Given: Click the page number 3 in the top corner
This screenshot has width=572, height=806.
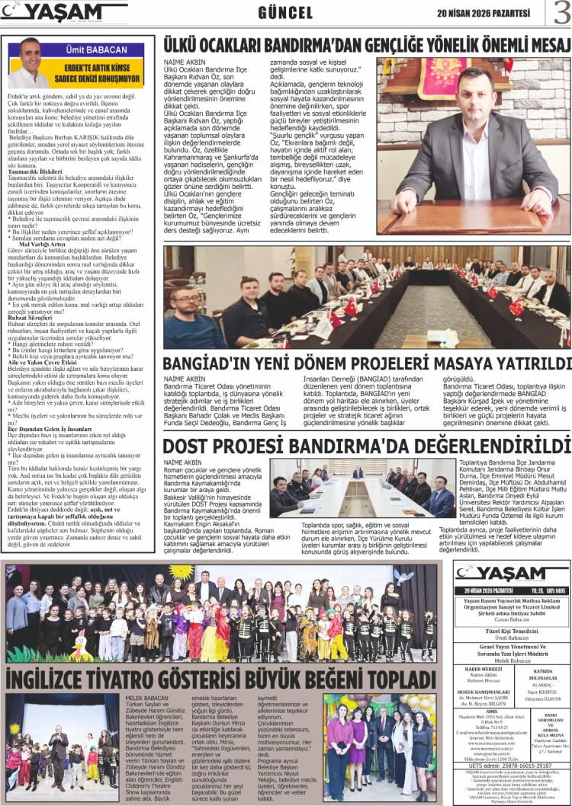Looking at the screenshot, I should coord(560,12).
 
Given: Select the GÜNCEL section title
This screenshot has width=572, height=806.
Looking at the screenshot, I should coord(285,13).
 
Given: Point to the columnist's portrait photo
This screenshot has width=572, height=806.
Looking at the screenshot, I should coord(28,65).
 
